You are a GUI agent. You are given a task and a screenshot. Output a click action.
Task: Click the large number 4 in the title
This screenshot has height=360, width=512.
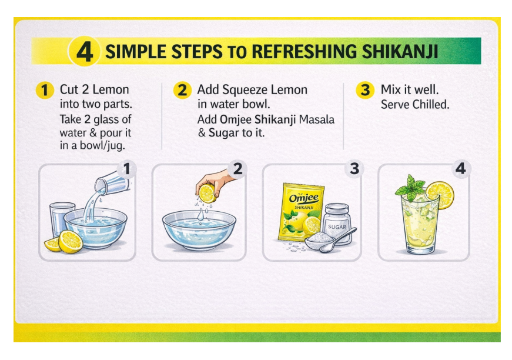coord(84,52)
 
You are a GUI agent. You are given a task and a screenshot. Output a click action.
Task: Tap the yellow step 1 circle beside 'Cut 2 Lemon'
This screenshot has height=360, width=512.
coord(45,90)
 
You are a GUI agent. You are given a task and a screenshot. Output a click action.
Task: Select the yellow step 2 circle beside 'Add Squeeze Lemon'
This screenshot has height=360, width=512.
coord(182,90)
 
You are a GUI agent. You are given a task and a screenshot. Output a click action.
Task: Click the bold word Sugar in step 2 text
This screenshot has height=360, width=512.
coord(223,133)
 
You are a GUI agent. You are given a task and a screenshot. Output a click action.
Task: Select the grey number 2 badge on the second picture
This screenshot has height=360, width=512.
coord(237,169)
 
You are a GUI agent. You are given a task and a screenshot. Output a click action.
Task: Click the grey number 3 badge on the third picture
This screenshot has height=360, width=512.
coord(354,169)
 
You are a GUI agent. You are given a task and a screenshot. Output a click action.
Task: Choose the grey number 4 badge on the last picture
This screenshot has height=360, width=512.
coord(460,169)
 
